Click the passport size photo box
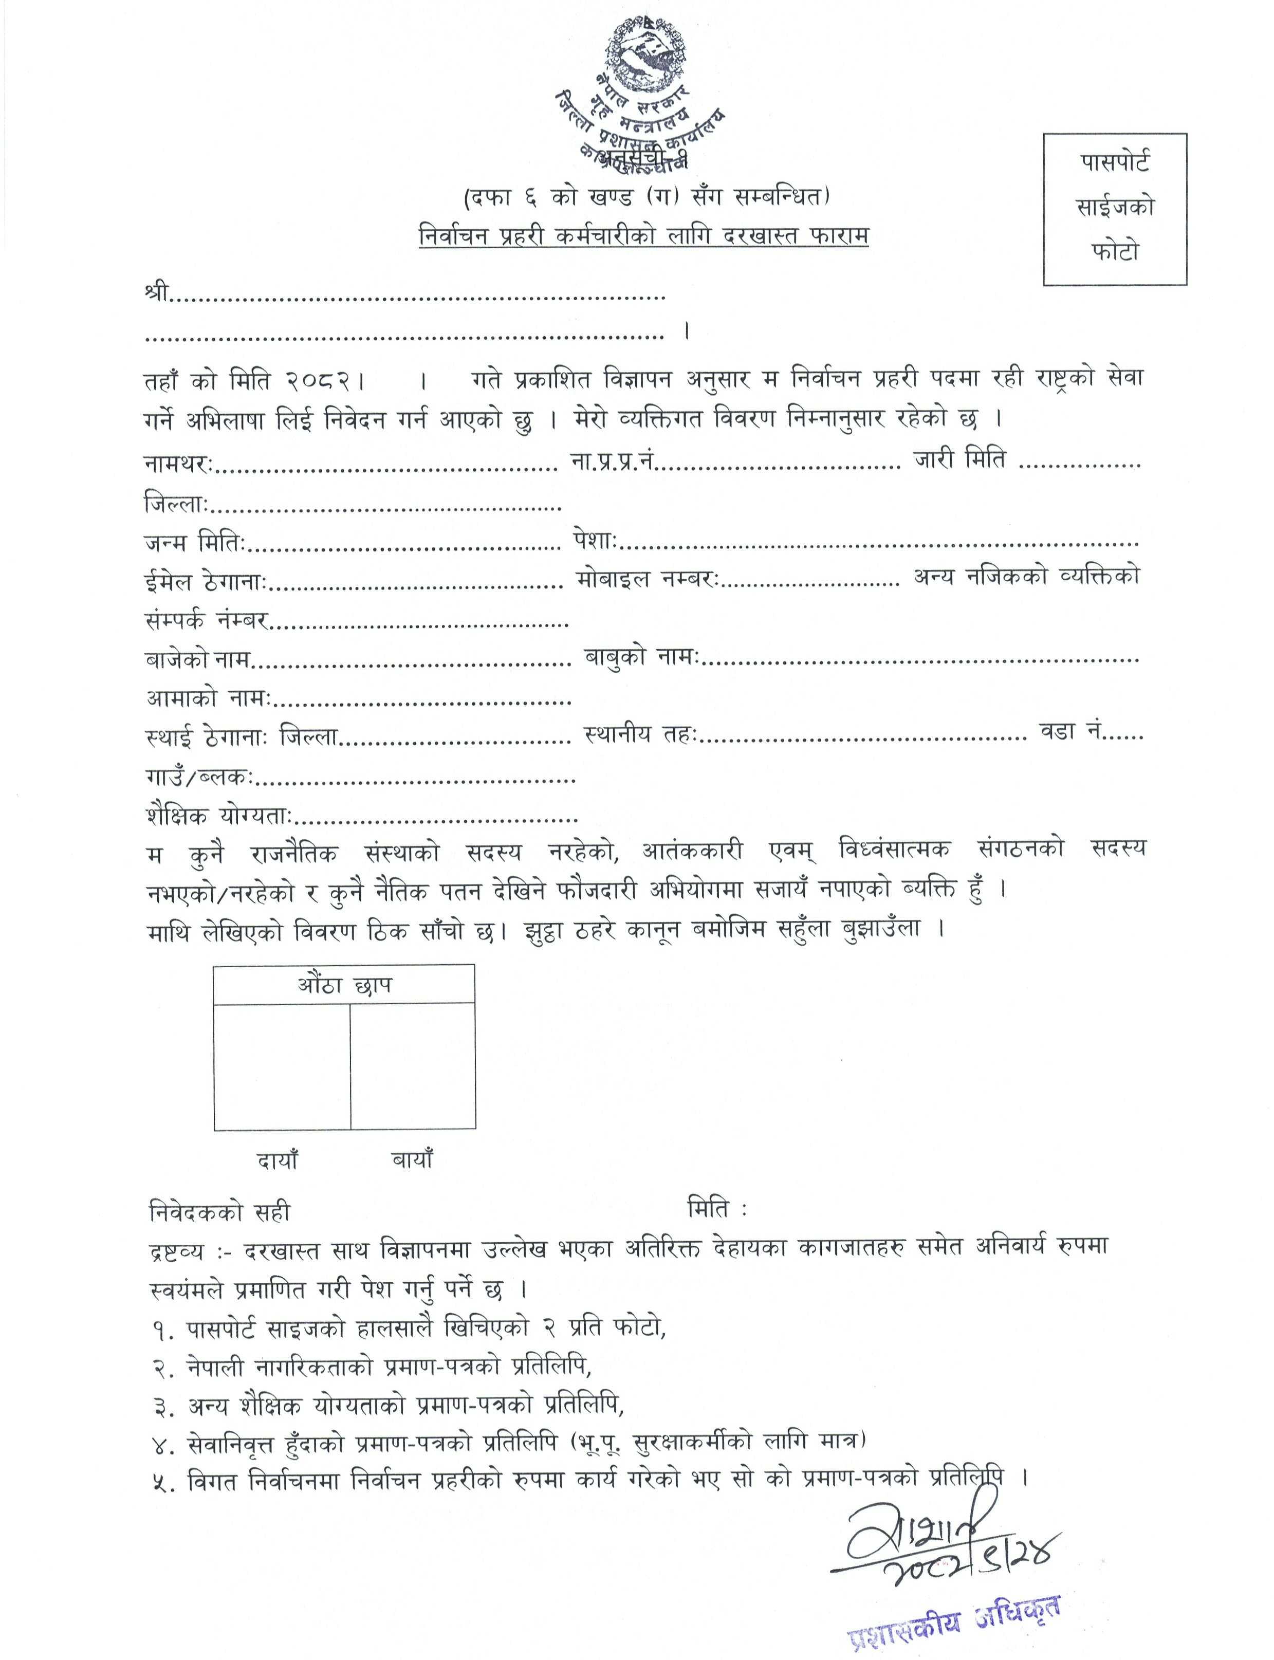[1115, 209]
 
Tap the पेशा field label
[595, 542]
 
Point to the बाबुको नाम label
[641, 657]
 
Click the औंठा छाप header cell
[344, 985]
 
